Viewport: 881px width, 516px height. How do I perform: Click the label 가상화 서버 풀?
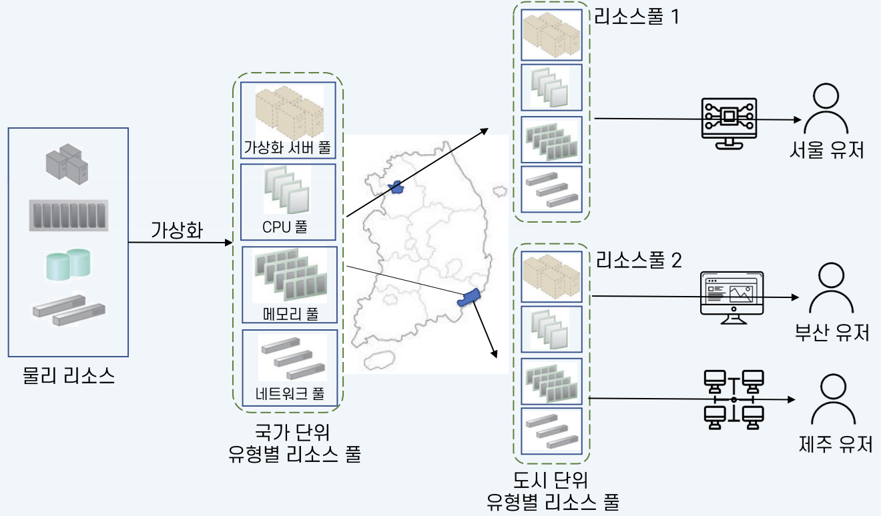pyautogui.click(x=287, y=147)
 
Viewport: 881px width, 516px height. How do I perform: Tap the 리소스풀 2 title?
pyautogui.click(x=639, y=261)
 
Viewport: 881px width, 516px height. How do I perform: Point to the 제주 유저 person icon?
pyautogui.click(x=832, y=398)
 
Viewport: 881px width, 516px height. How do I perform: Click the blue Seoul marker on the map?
pyautogui.click(x=398, y=187)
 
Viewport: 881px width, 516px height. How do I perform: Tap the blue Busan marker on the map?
pyautogui.click(x=470, y=297)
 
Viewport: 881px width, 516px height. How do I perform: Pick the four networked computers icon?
pyautogui.click(x=733, y=399)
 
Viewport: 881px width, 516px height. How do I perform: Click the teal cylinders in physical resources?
pyautogui.click(x=68, y=263)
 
